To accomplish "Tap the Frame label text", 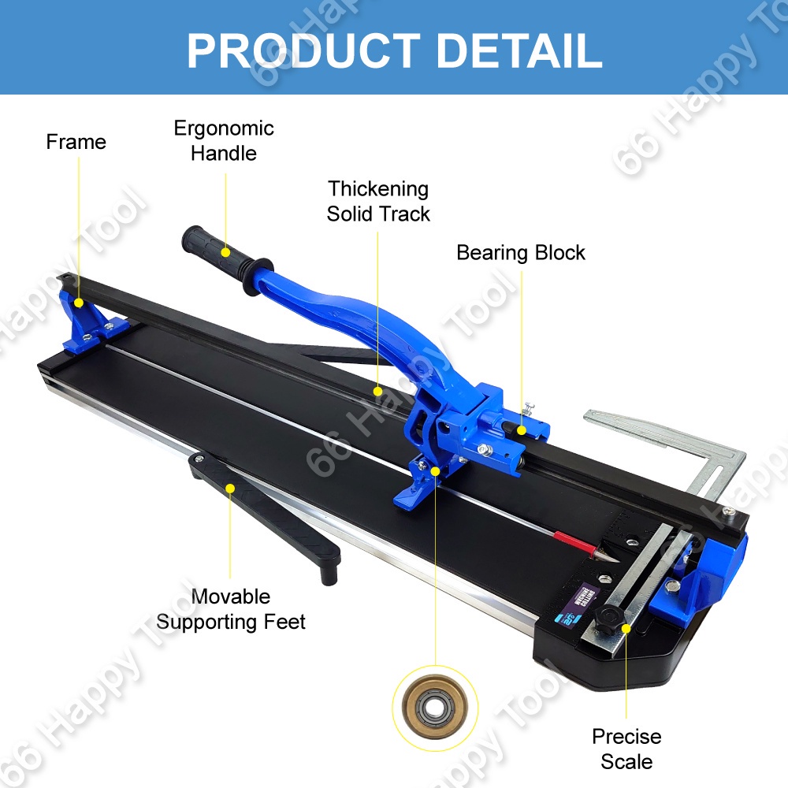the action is [76, 142].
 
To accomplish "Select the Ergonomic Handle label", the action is [224, 140].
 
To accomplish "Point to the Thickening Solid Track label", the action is [378, 201].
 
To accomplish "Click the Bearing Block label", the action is [521, 253].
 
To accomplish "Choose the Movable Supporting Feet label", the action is [231, 609].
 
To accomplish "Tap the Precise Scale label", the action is [626, 749].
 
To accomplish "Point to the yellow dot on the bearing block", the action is [521, 407].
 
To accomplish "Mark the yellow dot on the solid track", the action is [378, 390].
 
